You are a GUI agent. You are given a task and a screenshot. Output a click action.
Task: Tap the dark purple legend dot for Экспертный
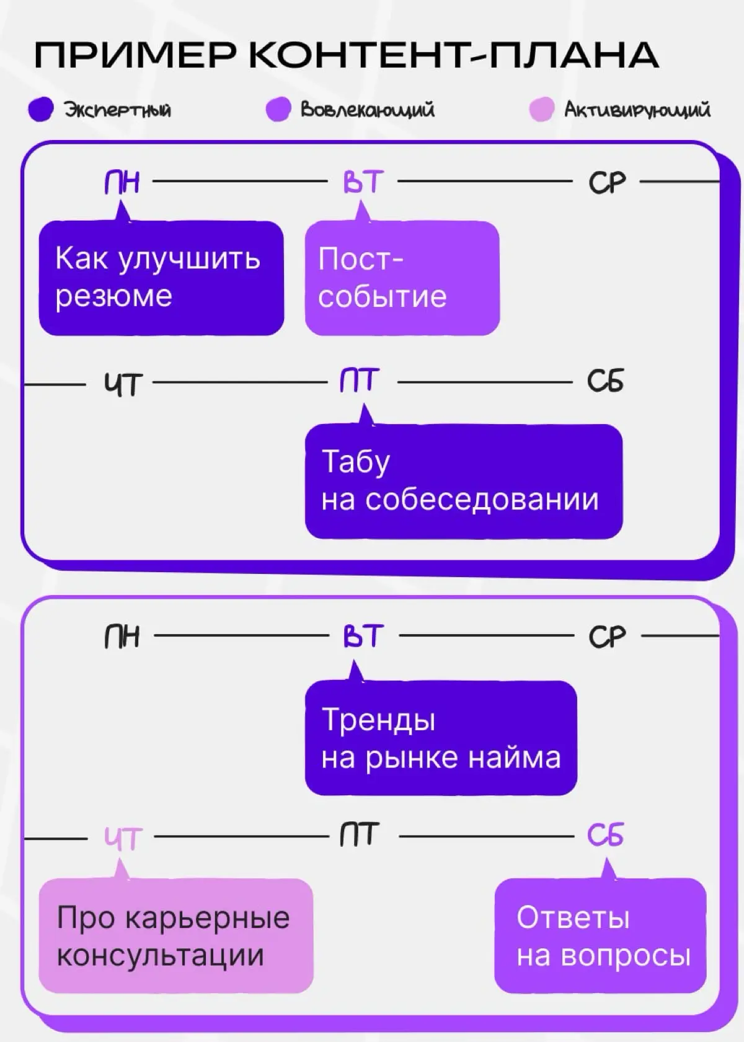[41, 110]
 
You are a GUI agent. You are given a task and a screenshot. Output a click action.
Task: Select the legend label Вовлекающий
[367, 110]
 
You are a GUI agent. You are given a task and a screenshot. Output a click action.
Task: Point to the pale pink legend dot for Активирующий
[541, 110]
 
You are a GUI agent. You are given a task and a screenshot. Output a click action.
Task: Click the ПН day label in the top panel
[122, 182]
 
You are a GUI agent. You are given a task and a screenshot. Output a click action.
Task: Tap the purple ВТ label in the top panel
[363, 182]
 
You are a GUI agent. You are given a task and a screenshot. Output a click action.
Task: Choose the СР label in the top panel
[606, 183]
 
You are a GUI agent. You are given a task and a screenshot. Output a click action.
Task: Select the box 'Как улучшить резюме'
[161, 278]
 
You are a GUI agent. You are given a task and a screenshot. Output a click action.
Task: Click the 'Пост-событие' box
[402, 278]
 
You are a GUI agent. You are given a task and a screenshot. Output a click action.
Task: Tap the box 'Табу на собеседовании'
[463, 481]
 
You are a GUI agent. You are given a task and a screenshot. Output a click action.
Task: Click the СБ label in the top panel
[605, 381]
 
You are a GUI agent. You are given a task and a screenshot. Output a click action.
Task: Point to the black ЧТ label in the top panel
[123, 384]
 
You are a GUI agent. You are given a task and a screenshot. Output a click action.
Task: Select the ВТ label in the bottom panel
[363, 637]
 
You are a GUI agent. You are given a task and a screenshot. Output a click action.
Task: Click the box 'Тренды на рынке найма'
[441, 738]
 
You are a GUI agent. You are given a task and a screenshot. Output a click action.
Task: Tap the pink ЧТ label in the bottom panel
[123, 839]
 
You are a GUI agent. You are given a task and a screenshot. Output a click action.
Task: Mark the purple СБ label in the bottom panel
[605, 836]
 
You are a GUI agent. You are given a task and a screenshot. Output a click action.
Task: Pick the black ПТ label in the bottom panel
[359, 836]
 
